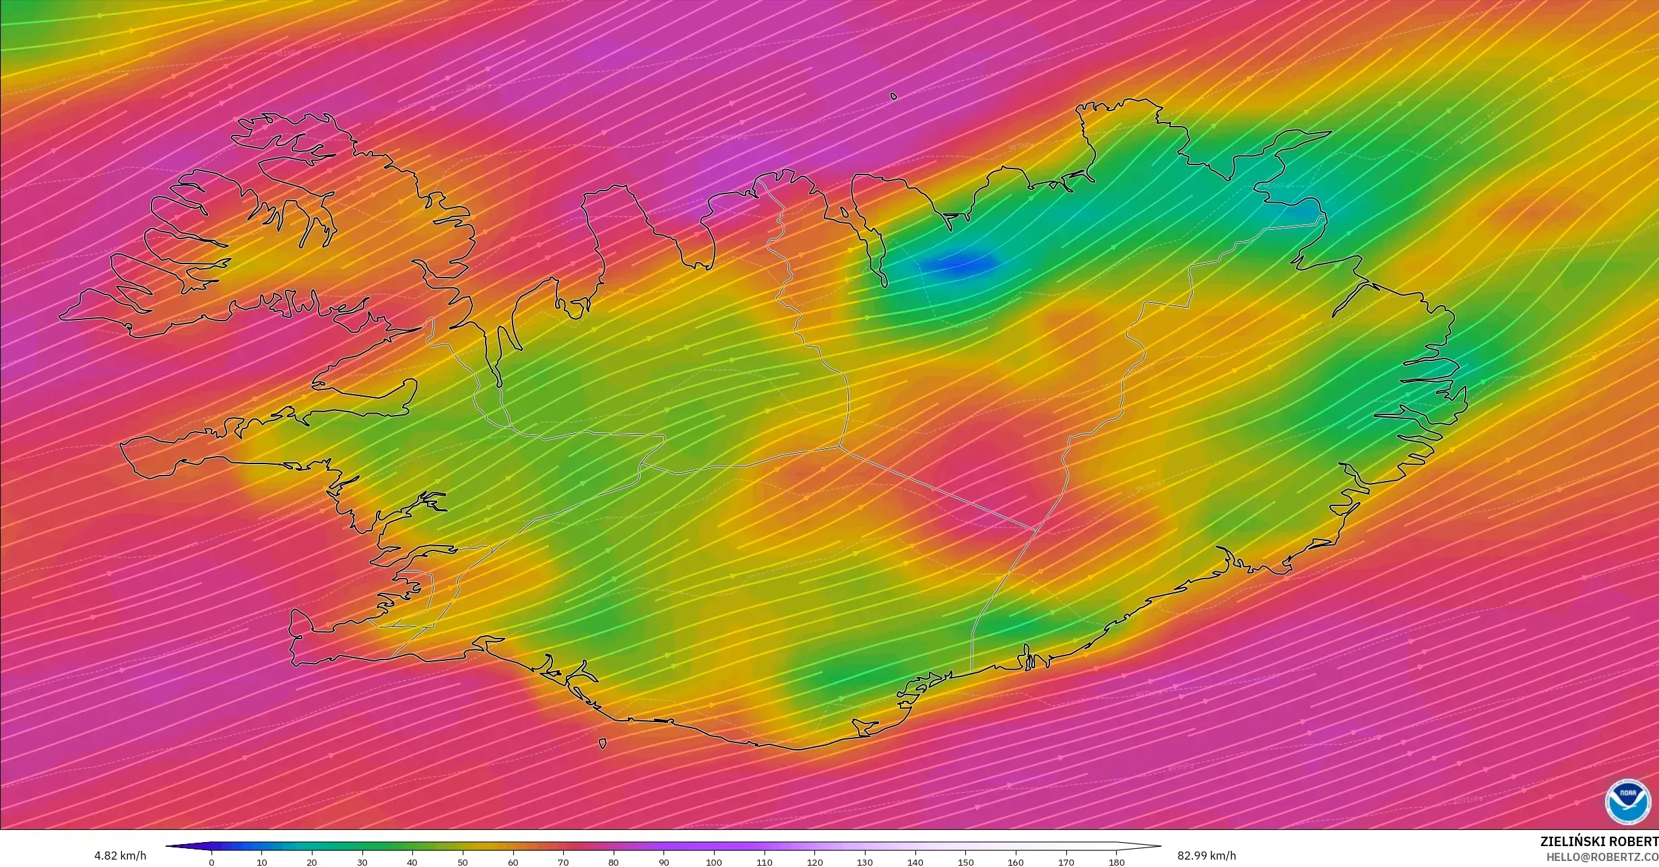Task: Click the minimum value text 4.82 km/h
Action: coord(120,856)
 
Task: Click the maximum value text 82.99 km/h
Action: coord(1206,856)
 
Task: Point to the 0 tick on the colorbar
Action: coord(212,861)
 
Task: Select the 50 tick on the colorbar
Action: coord(463,861)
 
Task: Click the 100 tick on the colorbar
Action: coord(714,861)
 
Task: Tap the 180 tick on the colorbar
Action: coord(1116,861)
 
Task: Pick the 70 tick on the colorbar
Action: coord(563,861)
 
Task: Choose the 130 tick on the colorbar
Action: coord(865,861)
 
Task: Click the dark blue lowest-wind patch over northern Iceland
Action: coord(960,263)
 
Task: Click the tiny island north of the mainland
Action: coord(894,96)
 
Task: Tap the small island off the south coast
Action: coord(602,744)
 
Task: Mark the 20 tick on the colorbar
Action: coord(312,861)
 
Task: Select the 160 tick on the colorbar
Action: coord(1016,861)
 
